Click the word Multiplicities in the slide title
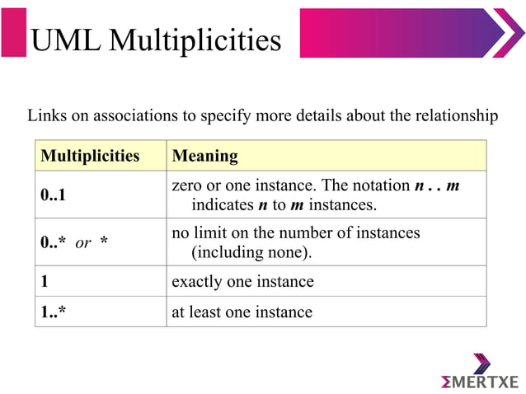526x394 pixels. tap(195, 40)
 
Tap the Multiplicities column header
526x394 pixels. tap(90, 155)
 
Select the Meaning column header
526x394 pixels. tap(204, 155)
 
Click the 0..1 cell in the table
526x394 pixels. tap(54, 195)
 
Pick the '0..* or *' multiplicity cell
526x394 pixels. tap(75, 242)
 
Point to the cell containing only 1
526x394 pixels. tap(45, 281)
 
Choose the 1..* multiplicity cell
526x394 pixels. tap(54, 312)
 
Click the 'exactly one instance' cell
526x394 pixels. tap(242, 281)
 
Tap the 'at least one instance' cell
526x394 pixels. tap(242, 312)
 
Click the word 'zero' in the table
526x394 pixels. tap(187, 185)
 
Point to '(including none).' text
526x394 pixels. tap(251, 251)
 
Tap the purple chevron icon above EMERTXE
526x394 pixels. tap(482, 363)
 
